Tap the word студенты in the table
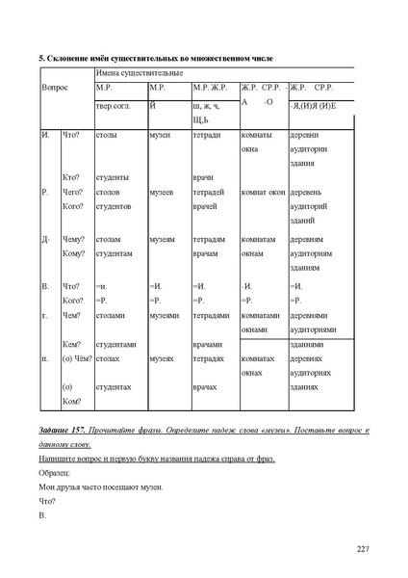coord(115,177)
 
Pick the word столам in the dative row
coord(110,239)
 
